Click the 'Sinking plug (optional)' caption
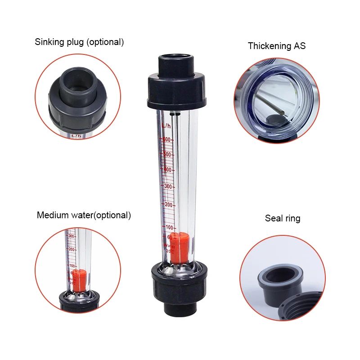pyautogui.click(x=79, y=42)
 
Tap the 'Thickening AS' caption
pyautogui.click(x=276, y=46)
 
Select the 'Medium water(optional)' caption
pyautogui.click(x=84, y=215)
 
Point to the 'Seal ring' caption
pyautogui.click(x=282, y=218)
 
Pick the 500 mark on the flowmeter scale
pyautogui.click(x=167, y=154)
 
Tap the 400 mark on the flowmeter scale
pyautogui.click(x=167, y=170)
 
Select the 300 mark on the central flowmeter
pyautogui.click(x=168, y=186)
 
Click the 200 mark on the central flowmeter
pyautogui.click(x=169, y=204)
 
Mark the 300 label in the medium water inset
pyautogui.click(x=71, y=235)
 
